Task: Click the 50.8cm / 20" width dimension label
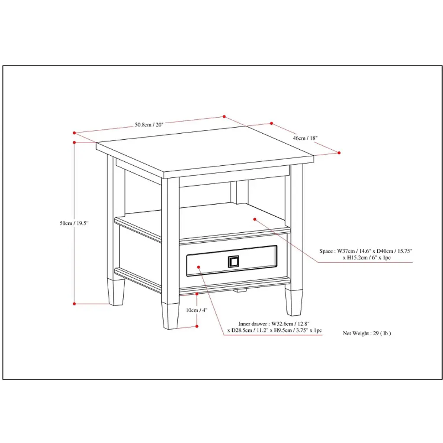point(149,125)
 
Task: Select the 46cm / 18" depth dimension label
point(305,138)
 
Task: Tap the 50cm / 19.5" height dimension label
point(74,223)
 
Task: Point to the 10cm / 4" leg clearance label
point(196,310)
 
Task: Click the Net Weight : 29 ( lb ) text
point(367,334)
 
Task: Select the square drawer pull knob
point(233,262)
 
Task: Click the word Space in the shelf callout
point(326,251)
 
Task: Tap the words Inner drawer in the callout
point(252,324)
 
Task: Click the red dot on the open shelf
point(254,219)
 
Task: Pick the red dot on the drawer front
point(199,267)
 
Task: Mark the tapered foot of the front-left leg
point(170,316)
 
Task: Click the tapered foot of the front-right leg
point(294,302)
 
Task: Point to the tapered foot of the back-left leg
point(116,292)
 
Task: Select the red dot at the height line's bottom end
point(74,304)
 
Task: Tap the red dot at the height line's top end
point(74,142)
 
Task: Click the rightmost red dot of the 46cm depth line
point(339,153)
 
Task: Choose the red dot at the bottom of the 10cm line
point(197,326)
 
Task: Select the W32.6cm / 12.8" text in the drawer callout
point(290,324)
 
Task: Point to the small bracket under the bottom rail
point(240,290)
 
